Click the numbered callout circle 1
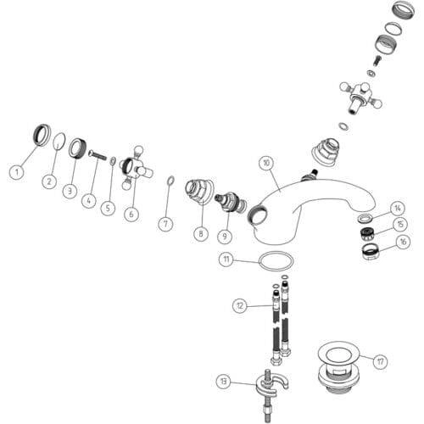[17, 171]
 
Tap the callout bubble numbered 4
[89, 201]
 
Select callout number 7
[165, 224]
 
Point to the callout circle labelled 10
[267, 163]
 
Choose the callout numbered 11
[226, 259]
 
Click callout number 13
[224, 382]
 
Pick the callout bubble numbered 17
[380, 361]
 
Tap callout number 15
[400, 224]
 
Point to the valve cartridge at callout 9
[230, 203]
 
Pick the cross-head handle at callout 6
[135, 168]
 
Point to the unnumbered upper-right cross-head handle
[360, 98]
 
